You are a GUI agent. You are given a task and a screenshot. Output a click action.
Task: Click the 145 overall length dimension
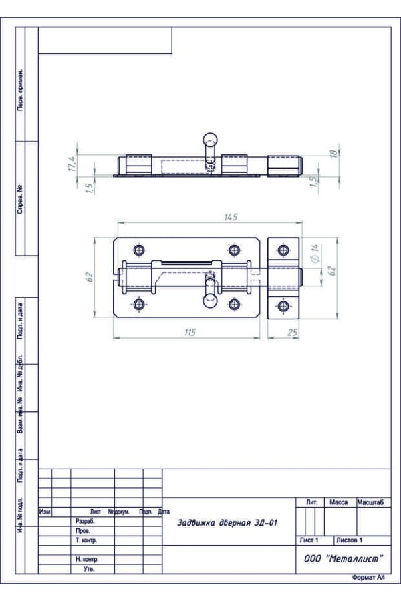[231, 217]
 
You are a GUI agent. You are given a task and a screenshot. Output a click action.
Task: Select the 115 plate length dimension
[190, 332]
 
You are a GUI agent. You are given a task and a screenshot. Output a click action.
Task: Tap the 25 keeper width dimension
[293, 333]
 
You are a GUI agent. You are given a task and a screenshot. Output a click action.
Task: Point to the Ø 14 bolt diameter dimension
[315, 253]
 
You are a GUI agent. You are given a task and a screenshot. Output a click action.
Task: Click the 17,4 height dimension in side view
[72, 164]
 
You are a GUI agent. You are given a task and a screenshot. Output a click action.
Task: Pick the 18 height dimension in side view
[333, 153]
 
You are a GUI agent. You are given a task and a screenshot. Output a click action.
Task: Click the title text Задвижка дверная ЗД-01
[227, 522]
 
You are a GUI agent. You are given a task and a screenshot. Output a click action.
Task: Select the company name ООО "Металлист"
[344, 558]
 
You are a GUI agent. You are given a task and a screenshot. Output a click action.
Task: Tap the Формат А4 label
[368, 578]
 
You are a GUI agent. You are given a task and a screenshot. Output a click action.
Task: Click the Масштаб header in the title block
[370, 502]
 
